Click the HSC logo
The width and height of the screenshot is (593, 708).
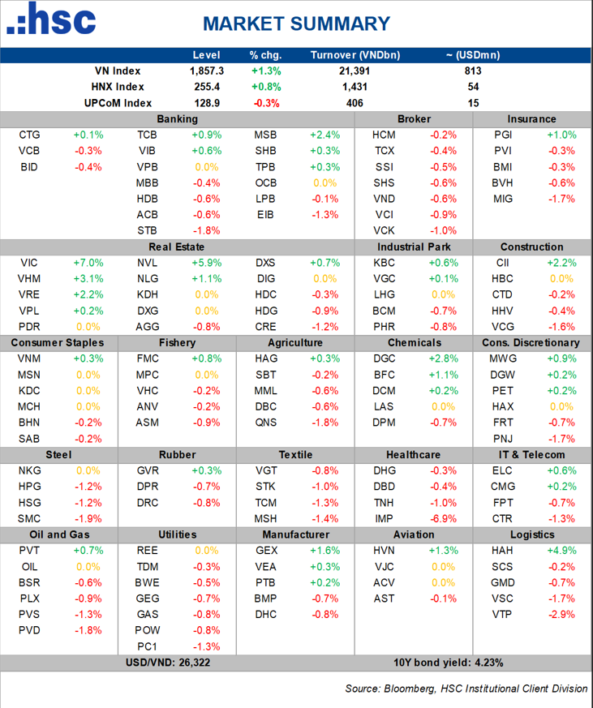(51, 20)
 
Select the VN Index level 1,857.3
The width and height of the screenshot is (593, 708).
(206, 71)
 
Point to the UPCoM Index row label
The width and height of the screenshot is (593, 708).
(118, 103)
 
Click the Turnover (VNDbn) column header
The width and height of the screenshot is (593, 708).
(355, 55)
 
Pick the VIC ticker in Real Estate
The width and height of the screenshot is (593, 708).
(28, 263)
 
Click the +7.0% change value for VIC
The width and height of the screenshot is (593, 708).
(87, 263)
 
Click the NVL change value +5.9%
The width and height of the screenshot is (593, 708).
(205, 263)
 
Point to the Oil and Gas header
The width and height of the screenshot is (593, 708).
(59, 534)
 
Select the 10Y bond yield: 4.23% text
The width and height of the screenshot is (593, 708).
(448, 662)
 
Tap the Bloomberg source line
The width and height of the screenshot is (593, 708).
(466, 689)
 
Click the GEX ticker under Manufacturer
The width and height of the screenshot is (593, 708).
(266, 550)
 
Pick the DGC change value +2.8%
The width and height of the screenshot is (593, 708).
(441, 358)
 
